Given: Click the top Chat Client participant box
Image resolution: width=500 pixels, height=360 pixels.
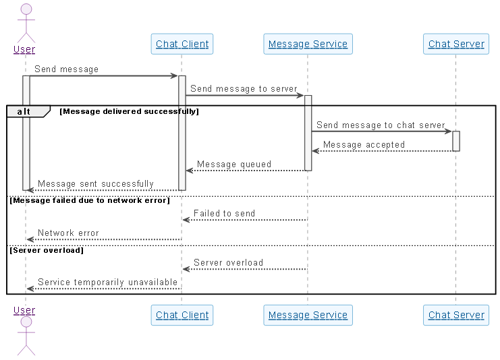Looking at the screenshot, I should click(182, 44).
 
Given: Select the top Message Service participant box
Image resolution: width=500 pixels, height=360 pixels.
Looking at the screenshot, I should click(308, 44).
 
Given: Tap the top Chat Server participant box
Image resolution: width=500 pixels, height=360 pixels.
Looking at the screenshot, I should click(456, 44).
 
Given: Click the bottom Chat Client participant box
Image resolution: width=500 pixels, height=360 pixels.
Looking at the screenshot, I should click(182, 315).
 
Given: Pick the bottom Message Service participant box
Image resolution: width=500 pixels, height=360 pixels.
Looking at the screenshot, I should click(308, 315).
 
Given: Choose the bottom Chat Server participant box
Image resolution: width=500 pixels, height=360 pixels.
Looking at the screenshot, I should click(456, 315).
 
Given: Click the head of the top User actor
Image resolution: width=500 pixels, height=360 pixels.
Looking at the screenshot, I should click(26, 9).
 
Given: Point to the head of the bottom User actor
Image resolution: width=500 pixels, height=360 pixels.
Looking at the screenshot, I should click(26, 322).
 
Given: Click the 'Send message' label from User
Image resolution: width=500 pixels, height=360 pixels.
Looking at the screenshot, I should click(66, 69).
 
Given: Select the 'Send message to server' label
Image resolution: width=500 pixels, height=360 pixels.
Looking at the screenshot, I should click(244, 88).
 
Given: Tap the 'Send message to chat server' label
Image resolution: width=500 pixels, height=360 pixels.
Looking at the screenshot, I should click(381, 125).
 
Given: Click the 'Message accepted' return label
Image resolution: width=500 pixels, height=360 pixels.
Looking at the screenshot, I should click(364, 144).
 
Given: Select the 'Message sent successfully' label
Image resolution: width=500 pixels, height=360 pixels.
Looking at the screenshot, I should click(96, 183).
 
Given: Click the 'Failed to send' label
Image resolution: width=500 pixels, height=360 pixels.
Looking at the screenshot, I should click(224, 213).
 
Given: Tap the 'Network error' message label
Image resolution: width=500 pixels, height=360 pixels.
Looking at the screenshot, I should click(68, 233).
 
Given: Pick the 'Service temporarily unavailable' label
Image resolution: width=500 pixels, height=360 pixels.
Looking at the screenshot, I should click(107, 282).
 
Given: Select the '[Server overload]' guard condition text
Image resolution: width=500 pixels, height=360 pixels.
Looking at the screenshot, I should click(47, 250).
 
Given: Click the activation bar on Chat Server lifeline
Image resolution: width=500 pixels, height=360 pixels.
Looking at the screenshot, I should click(456, 141).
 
